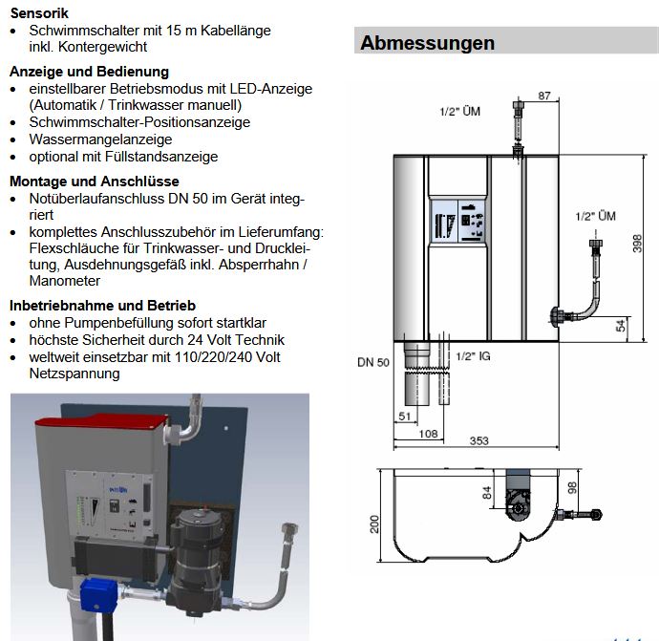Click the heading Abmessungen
(428, 43)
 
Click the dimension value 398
(637, 244)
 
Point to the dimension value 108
(428, 433)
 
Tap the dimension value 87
(544, 96)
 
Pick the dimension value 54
(622, 325)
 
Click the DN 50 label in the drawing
(372, 362)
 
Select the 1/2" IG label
(472, 355)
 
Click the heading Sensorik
(38, 14)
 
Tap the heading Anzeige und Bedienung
(89, 72)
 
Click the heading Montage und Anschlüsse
(94, 182)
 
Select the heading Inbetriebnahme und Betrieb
(102, 306)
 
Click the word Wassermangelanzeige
(87, 139)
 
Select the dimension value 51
(403, 416)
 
